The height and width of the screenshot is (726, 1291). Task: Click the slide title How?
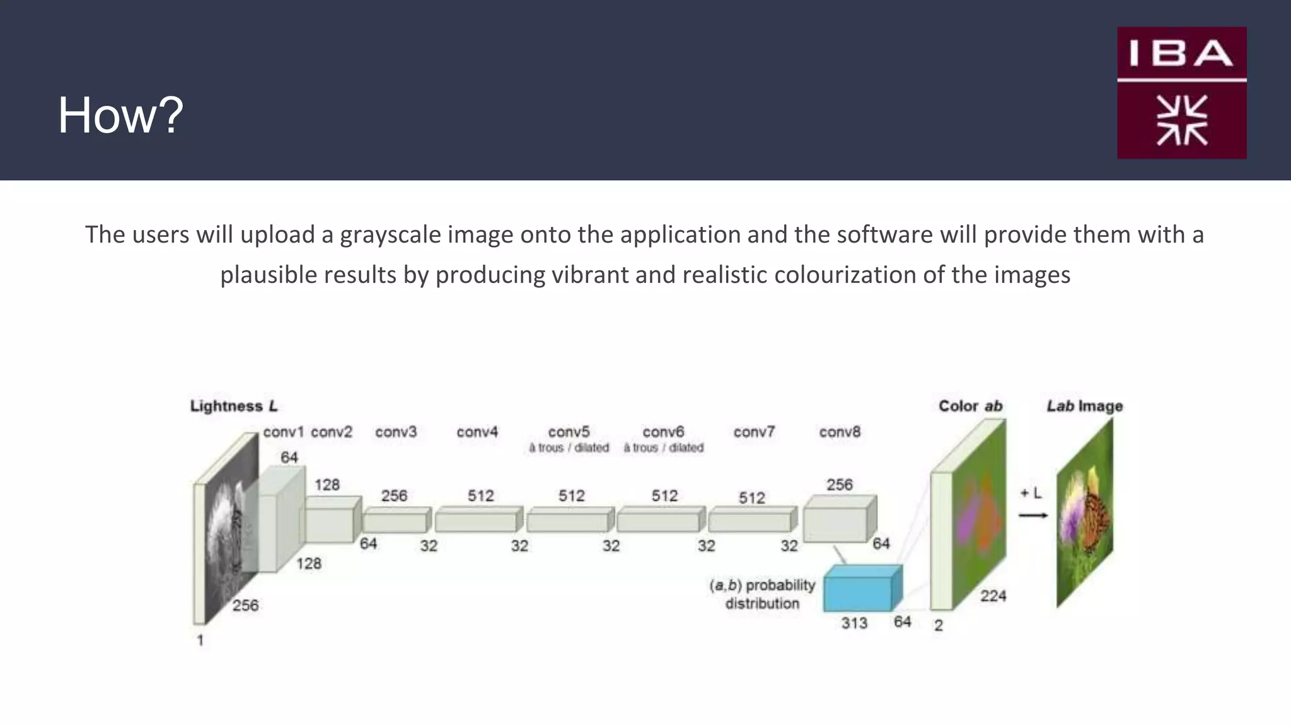(x=120, y=115)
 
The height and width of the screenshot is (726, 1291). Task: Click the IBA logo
(x=1181, y=93)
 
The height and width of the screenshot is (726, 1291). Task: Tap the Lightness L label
(x=234, y=406)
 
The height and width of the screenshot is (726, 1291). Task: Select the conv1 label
(x=283, y=432)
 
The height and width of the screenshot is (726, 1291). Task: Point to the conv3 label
(x=396, y=432)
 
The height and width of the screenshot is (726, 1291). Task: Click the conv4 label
(x=477, y=432)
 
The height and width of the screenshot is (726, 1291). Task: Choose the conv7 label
(x=754, y=432)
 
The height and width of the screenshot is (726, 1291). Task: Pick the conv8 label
(x=840, y=432)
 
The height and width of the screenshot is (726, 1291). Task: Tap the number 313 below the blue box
(x=854, y=623)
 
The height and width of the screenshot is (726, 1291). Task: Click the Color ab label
(x=970, y=406)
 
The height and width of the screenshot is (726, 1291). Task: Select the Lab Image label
(x=1085, y=406)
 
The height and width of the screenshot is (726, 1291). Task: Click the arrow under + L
(x=1033, y=516)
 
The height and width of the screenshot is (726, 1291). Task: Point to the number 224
(x=993, y=596)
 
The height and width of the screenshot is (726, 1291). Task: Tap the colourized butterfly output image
(x=1085, y=514)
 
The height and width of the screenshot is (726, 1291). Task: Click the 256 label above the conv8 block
(x=839, y=485)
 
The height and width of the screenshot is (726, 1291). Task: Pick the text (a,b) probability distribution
(x=762, y=594)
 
